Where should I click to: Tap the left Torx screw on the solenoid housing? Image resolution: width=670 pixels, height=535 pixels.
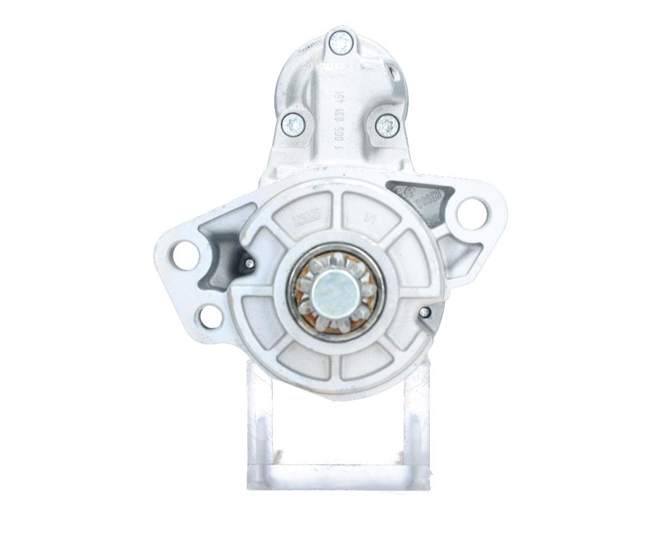click(x=292, y=124)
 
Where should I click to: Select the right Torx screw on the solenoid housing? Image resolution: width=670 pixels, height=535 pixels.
click(x=387, y=124)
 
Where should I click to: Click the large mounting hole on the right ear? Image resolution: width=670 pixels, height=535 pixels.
click(x=472, y=213)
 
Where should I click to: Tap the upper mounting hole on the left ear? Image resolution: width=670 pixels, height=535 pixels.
click(x=185, y=255)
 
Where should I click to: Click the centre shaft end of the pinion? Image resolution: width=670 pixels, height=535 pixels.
click(x=334, y=291)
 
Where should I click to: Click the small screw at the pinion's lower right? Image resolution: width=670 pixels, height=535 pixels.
click(x=425, y=313)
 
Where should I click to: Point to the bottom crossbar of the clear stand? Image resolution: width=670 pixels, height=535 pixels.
click(x=338, y=476)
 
